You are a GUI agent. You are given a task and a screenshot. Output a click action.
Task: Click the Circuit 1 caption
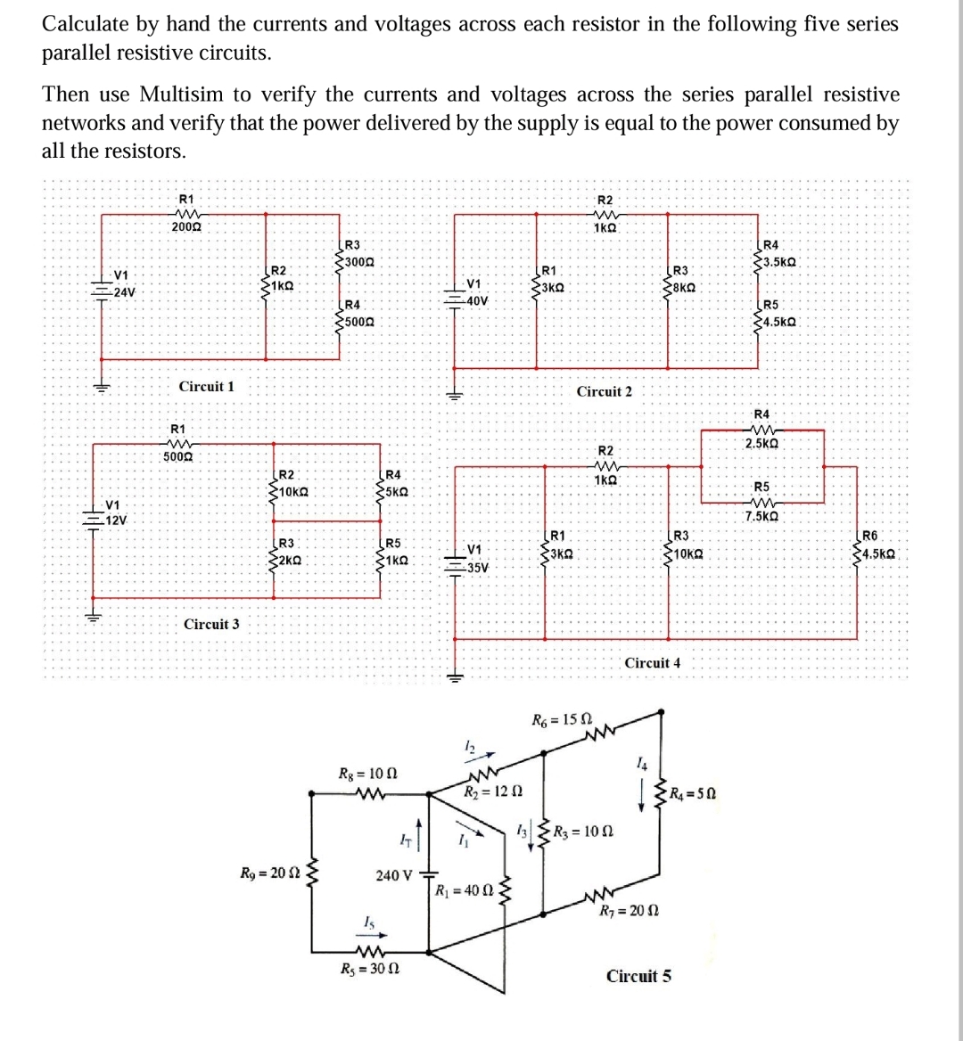(207, 387)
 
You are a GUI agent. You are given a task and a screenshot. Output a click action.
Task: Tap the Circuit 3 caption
(211, 624)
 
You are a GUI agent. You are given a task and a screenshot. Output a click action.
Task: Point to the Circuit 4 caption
(653, 662)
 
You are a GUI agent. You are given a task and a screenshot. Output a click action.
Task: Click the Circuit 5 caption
(638, 976)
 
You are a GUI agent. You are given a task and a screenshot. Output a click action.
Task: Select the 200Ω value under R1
(185, 228)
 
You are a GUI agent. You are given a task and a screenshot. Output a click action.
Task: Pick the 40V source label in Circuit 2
(476, 300)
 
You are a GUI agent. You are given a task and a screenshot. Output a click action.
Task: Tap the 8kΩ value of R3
(683, 287)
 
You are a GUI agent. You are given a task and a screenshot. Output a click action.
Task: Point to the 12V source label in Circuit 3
(116, 520)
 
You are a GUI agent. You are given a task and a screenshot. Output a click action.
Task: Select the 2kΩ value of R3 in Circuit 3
(290, 560)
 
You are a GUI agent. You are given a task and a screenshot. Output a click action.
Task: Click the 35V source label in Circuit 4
(477, 567)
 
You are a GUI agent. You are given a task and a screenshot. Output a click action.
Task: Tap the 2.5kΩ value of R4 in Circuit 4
(763, 443)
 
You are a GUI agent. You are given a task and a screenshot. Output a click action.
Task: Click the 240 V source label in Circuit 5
(393, 875)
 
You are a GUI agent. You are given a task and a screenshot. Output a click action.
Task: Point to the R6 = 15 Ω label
(563, 720)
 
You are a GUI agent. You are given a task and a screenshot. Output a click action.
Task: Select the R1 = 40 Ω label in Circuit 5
(462, 890)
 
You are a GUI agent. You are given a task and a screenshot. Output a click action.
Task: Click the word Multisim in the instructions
(186, 94)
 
